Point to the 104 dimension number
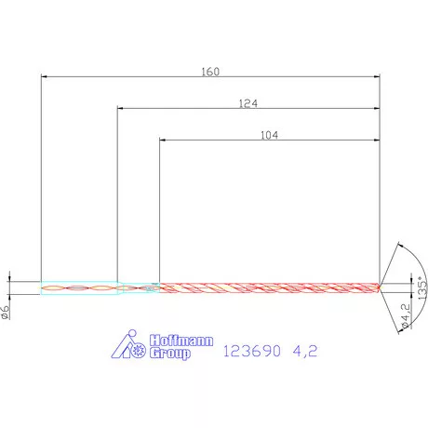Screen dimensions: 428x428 pyautogui.click(x=270, y=134)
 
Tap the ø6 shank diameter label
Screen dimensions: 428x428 pyautogui.click(x=7, y=312)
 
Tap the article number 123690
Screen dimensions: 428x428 pyautogui.click(x=252, y=352)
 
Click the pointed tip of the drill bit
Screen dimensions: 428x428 pyautogui.click(x=381, y=285)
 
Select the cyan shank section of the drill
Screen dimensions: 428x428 pyautogui.click(x=79, y=288)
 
